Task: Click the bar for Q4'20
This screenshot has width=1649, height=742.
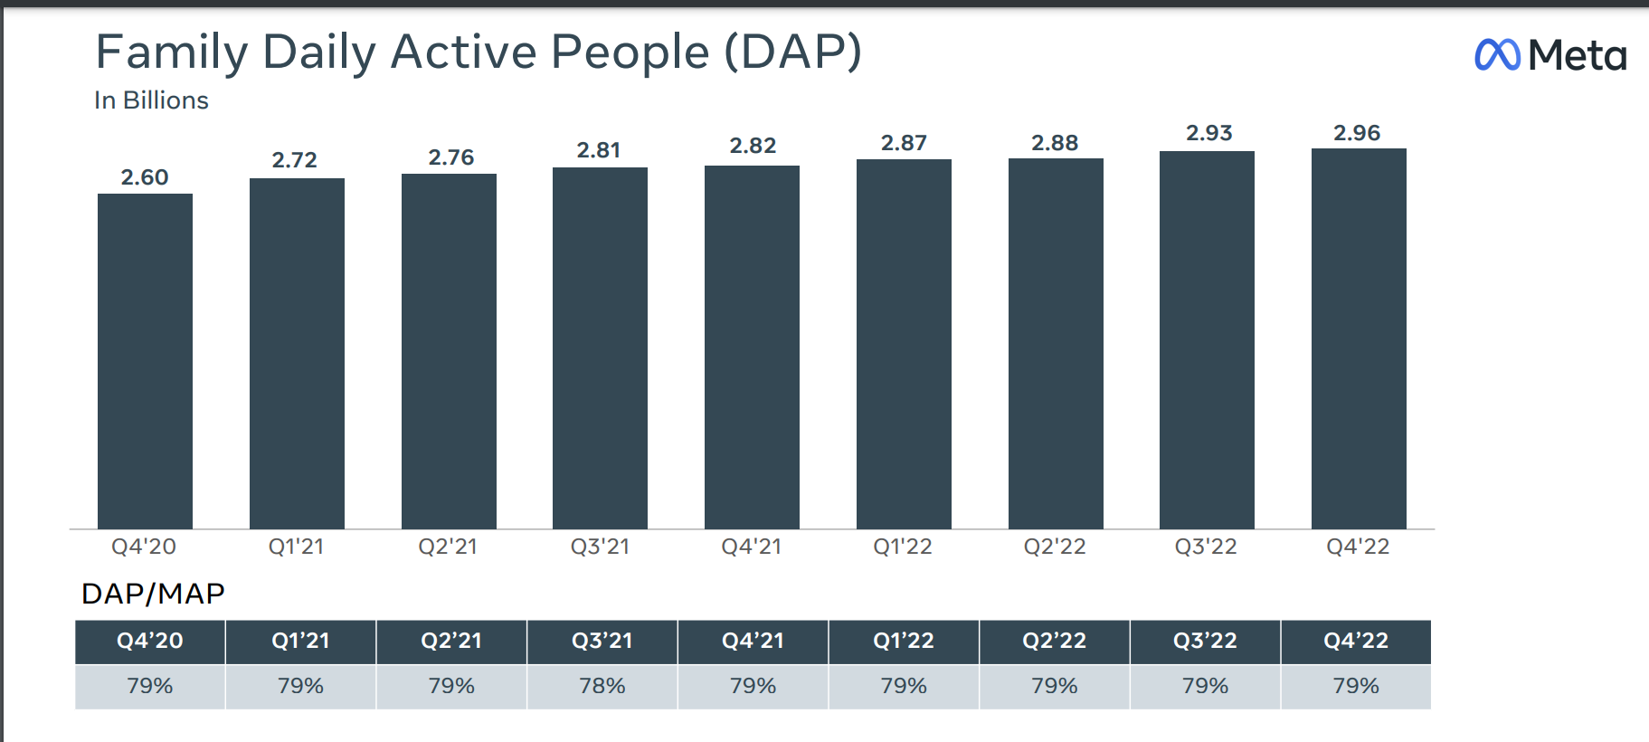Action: [145, 362]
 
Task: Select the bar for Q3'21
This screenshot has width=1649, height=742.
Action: [600, 348]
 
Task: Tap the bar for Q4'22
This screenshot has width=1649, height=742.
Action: [1359, 339]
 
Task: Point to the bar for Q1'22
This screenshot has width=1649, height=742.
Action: [904, 344]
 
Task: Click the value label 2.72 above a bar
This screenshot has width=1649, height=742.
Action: [295, 160]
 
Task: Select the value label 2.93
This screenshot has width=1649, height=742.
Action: [1209, 133]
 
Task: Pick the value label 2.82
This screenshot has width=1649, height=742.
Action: [753, 146]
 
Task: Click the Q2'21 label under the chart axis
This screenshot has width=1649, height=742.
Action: [448, 547]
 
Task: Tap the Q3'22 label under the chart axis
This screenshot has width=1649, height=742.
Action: [1206, 547]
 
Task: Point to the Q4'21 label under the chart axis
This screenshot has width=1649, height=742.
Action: [751, 547]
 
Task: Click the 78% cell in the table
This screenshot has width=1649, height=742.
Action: [602, 686]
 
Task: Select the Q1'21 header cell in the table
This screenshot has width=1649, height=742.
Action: [300, 642]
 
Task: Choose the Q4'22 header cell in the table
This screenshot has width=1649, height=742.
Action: [1355, 642]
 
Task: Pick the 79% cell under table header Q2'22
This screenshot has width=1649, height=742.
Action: [1055, 686]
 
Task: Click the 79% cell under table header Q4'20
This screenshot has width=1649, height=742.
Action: [150, 686]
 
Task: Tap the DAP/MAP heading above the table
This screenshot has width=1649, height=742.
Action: [153, 594]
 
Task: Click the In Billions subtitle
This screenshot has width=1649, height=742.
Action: [151, 100]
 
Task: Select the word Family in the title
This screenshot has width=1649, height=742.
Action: [171, 52]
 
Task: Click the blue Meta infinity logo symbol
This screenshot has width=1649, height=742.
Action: [1497, 55]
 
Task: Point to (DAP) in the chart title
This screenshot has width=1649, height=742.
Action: [792, 52]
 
